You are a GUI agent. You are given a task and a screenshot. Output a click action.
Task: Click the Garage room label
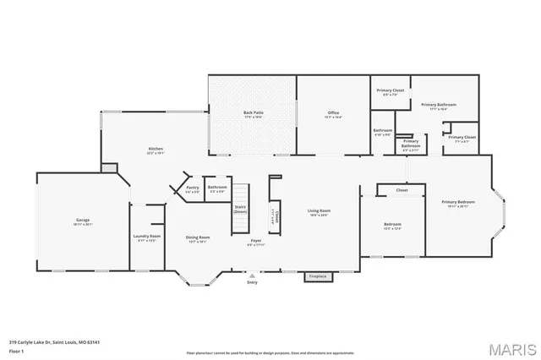pos(83,221)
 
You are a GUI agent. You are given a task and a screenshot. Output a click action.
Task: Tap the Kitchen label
pos(155,150)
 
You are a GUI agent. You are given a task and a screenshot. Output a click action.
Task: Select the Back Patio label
pos(252,113)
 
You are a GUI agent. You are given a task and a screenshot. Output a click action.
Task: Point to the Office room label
pos(334,113)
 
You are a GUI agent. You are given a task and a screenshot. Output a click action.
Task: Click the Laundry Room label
pos(145,237)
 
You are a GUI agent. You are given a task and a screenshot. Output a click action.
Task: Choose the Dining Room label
pos(198,237)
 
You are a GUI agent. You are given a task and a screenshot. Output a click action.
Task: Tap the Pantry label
pos(193,188)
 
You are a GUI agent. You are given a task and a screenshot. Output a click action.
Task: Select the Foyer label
pos(255,241)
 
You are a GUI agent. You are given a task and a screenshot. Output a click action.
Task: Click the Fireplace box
pos(317,276)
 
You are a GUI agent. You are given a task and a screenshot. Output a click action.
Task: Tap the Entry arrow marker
pos(251,275)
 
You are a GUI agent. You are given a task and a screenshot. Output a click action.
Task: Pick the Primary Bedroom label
pos(457,202)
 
